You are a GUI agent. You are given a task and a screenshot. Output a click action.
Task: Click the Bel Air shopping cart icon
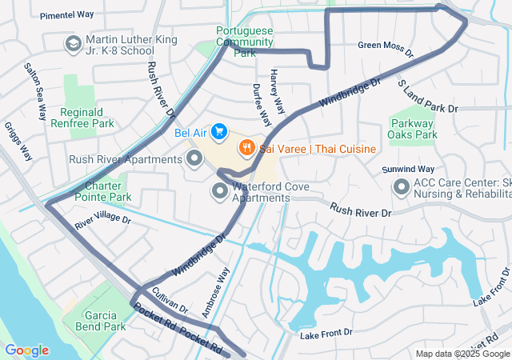click(218, 131)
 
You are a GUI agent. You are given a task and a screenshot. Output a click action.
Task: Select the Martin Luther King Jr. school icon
click(73, 42)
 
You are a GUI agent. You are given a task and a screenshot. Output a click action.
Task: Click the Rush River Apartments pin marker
click(194, 158)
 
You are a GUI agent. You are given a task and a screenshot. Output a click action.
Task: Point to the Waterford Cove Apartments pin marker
click(219, 190)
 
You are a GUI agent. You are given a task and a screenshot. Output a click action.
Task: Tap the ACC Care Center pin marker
click(402, 187)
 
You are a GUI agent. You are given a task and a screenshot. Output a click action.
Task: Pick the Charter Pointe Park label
click(107, 191)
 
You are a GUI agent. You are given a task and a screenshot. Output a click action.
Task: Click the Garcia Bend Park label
click(100, 321)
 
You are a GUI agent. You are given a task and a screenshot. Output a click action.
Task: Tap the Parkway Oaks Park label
click(414, 129)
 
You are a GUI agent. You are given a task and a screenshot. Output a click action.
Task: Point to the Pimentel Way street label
click(66, 15)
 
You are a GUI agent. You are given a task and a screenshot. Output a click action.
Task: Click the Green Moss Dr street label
click(385, 50)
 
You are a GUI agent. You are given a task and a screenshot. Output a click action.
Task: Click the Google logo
click(26, 350)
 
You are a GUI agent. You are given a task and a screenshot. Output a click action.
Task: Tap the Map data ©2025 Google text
click(462, 354)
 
